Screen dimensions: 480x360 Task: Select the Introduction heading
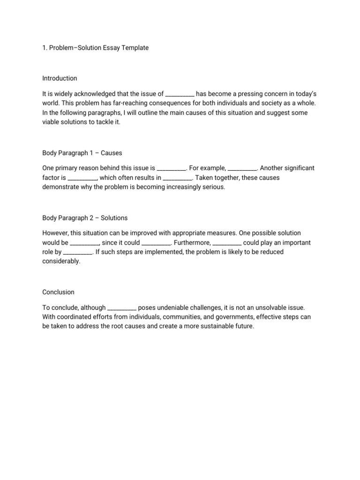tap(60, 78)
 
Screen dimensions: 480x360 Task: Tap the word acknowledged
tap(96, 94)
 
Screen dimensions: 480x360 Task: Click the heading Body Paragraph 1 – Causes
tap(82, 153)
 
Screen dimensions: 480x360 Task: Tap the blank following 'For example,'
tap(242, 168)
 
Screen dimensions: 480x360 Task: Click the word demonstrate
tap(61, 187)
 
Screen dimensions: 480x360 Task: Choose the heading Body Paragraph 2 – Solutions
tap(85, 218)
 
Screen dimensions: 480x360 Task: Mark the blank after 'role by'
tap(78, 252)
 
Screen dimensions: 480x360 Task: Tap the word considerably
tap(61, 261)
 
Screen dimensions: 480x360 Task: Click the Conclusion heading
tap(58, 292)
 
